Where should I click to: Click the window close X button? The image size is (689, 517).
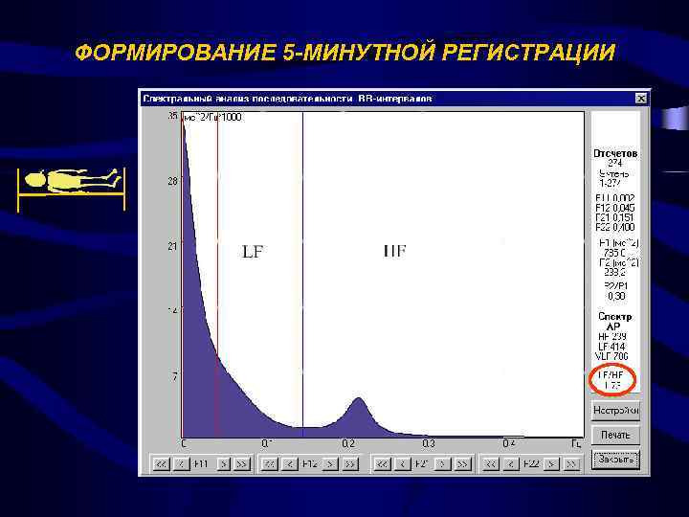pos(639,98)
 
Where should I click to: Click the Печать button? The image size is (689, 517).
pos(615,435)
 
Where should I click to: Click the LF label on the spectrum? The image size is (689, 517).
pos(253,253)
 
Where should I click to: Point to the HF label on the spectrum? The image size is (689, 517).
pos(394,252)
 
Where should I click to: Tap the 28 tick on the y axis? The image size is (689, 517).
pos(173,181)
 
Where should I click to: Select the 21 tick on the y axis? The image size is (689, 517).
pos(173,246)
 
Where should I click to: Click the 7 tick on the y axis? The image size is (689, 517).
pos(174,376)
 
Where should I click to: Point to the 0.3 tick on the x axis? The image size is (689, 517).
pos(429,443)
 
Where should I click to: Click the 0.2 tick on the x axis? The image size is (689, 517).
pos(347,443)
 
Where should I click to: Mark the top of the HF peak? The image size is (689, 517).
pos(358,398)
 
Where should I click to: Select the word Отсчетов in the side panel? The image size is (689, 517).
pos(615,153)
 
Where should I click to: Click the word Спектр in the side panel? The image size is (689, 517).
pos(615,316)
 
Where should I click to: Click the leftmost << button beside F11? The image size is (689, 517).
pos(161,463)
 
